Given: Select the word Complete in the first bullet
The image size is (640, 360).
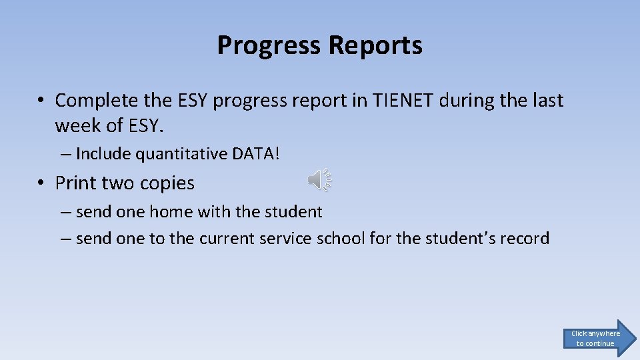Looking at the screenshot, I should point(97,101).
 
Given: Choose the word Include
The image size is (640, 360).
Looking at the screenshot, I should point(103,154).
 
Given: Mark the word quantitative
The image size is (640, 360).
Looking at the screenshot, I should point(181,154).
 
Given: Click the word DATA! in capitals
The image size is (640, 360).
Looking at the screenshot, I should point(256,154).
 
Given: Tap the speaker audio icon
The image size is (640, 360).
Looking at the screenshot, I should point(320,180).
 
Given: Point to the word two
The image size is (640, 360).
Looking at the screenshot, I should point(118,183).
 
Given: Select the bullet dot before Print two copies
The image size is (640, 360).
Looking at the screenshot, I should point(41,183).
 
